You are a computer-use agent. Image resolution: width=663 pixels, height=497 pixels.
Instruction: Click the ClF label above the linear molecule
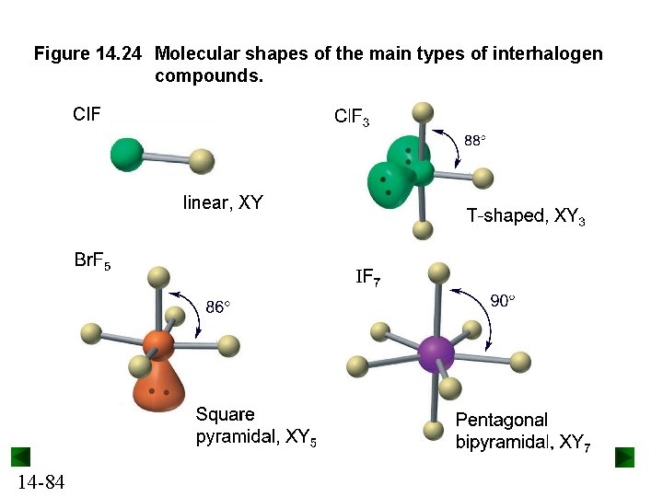(x=87, y=115)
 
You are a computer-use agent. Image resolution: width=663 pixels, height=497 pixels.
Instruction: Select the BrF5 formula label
(x=92, y=260)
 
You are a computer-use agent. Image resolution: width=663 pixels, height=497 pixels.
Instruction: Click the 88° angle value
(x=474, y=141)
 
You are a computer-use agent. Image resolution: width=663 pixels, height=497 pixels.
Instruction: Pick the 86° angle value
(x=217, y=307)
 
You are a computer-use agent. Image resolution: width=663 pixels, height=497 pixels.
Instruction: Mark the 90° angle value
(x=502, y=300)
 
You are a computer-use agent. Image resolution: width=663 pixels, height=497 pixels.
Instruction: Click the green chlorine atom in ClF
(x=126, y=154)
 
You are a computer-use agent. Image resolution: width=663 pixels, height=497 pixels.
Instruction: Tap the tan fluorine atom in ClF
(x=202, y=163)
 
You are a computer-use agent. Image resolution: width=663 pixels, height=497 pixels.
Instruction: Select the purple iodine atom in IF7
(x=436, y=353)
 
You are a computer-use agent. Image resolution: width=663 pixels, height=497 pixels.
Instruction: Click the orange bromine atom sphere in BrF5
(x=158, y=346)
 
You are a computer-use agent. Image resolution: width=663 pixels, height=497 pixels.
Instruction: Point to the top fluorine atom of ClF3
(x=422, y=112)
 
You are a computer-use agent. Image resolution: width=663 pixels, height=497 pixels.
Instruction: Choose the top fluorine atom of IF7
(x=439, y=272)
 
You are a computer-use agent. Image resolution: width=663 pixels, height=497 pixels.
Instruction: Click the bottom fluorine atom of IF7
(x=434, y=430)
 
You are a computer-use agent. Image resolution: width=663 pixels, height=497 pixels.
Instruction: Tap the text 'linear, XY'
(x=223, y=202)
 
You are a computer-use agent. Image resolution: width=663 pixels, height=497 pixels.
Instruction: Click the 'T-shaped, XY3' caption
(x=525, y=217)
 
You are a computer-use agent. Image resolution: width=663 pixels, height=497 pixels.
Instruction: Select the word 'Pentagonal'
(x=502, y=420)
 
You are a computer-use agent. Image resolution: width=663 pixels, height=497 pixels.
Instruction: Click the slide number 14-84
(x=40, y=481)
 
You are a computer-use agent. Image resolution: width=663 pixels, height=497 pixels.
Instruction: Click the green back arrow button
(x=21, y=457)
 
